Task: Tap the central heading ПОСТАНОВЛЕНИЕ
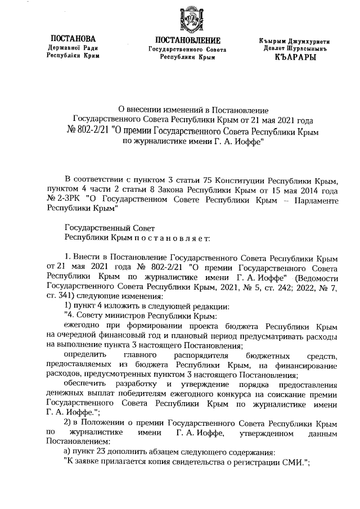[x=187, y=40]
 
